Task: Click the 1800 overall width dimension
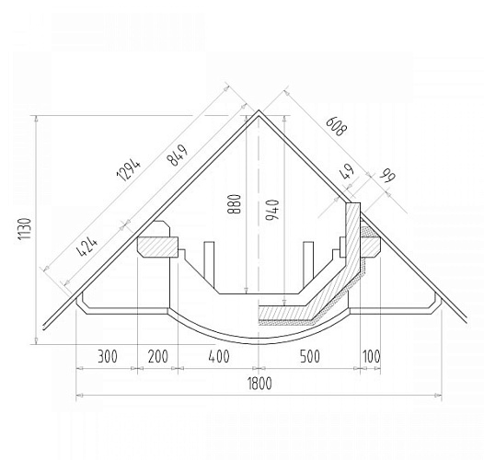point(259,385)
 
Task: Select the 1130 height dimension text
point(25,229)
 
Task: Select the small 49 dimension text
point(347,172)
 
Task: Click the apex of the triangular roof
point(259,111)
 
